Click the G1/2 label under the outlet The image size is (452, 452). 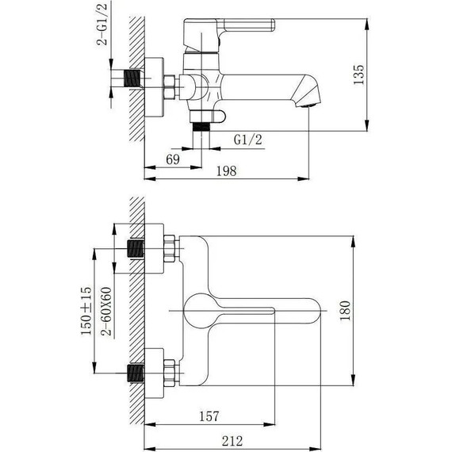tap(249, 140)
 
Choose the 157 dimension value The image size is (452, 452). tap(209, 416)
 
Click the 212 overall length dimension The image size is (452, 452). tap(232, 440)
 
